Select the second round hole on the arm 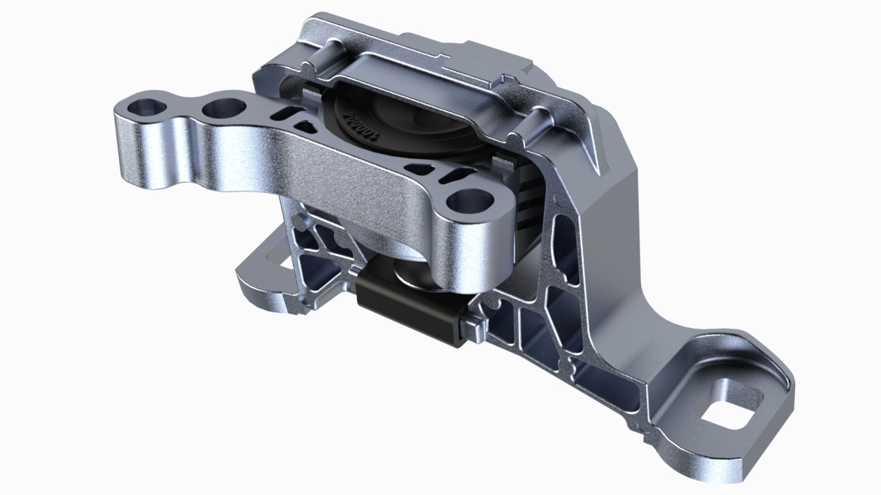222,110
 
